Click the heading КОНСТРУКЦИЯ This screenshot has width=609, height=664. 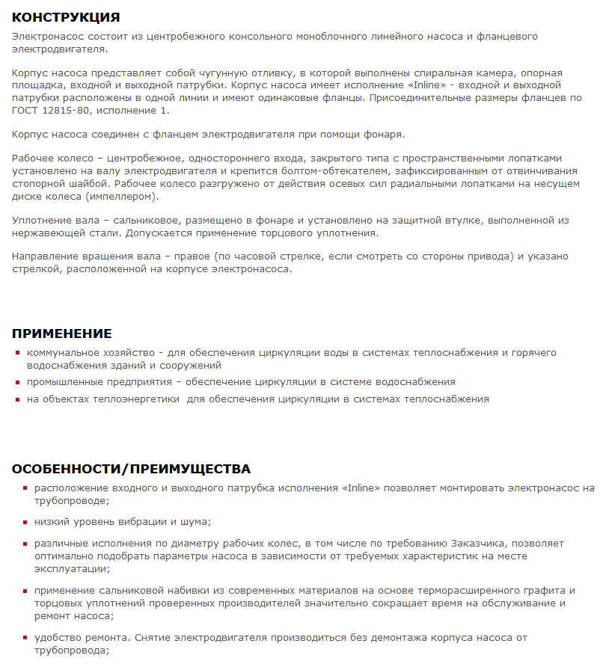coord(66,17)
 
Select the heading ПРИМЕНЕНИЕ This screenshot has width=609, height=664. coord(61,333)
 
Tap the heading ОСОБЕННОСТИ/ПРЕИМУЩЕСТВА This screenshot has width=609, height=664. coord(131,469)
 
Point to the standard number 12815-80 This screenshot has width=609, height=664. coord(66,111)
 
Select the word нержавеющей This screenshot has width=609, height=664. coord(44,233)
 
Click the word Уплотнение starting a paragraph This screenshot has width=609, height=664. coord(42,220)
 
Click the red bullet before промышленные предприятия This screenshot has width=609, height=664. coord(18,382)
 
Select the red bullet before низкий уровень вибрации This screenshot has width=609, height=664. coord(25,522)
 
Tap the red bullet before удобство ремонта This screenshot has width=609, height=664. coord(25,639)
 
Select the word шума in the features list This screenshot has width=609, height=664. coord(196,522)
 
